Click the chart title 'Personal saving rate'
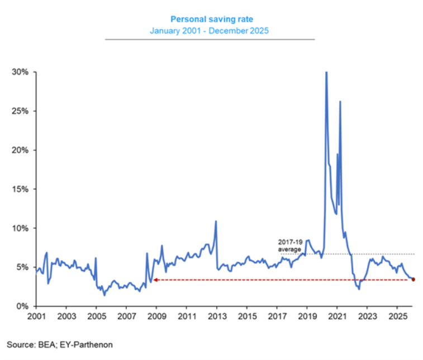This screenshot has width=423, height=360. pyautogui.click(x=209, y=18)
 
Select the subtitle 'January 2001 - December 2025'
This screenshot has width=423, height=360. pyautogui.click(x=209, y=30)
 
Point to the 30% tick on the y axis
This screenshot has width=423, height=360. pyautogui.click(x=21, y=72)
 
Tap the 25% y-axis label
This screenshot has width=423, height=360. pyautogui.click(x=21, y=111)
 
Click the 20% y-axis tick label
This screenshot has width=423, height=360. pyautogui.click(x=21, y=150)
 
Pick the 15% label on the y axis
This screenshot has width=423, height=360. pyautogui.click(x=21, y=189)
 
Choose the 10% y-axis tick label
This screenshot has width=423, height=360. pyautogui.click(x=21, y=228)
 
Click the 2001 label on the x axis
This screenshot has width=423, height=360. pyautogui.click(x=36, y=316)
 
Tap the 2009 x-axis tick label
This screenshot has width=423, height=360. pyautogui.click(x=156, y=316)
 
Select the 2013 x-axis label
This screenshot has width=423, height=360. pyautogui.click(x=217, y=316)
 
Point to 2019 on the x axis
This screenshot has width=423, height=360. pyautogui.click(x=307, y=316)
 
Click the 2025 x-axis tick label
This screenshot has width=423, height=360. pyautogui.click(x=397, y=316)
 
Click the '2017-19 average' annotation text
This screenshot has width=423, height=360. pyautogui.click(x=290, y=246)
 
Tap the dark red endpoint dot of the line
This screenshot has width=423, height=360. pyautogui.click(x=413, y=280)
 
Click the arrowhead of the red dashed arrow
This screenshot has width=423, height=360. pyautogui.click(x=155, y=280)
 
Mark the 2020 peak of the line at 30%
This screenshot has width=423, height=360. pyautogui.click(x=326, y=73)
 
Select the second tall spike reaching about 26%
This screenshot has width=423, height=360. pyautogui.click(x=340, y=102)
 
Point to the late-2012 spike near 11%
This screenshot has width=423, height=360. pyautogui.click(x=216, y=222)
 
